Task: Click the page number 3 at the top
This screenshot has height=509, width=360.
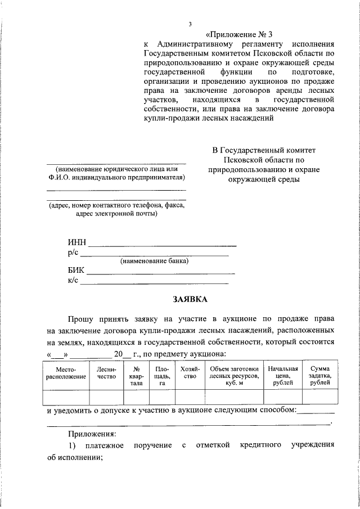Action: pyautogui.click(x=190, y=24)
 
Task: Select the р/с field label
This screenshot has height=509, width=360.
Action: pyautogui.click(x=73, y=253)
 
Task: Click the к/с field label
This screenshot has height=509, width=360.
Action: pyautogui.click(x=73, y=280)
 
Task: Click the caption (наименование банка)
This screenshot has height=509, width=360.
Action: pyautogui.click(x=154, y=261)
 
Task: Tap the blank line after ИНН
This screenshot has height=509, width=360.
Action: pyautogui.click(x=163, y=244)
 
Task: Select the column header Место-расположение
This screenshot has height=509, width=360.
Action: pyautogui.click(x=66, y=373)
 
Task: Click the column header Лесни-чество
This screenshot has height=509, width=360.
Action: pyautogui.click(x=106, y=373)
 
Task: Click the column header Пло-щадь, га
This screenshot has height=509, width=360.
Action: pyautogui.click(x=161, y=375)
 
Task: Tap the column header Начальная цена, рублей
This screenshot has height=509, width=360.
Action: pyautogui.click(x=282, y=375)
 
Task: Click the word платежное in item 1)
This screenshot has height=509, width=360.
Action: pyautogui.click(x=103, y=445)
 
